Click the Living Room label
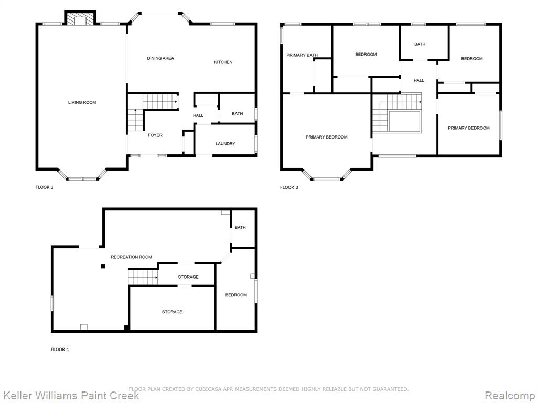(x=82, y=102)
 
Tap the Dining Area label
(x=160, y=58)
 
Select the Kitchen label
(x=223, y=62)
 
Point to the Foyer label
(x=155, y=135)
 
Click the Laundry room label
(x=225, y=144)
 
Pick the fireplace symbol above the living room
(x=80, y=19)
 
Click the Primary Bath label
(x=302, y=55)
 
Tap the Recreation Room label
(x=131, y=257)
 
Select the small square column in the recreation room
(x=103, y=266)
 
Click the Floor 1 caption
(x=60, y=349)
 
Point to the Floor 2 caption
(x=45, y=187)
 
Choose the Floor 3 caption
(x=289, y=187)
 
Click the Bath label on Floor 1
(x=240, y=228)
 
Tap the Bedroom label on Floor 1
(x=236, y=295)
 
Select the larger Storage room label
(x=172, y=312)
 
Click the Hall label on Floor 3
(x=419, y=80)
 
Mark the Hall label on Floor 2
(x=198, y=115)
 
